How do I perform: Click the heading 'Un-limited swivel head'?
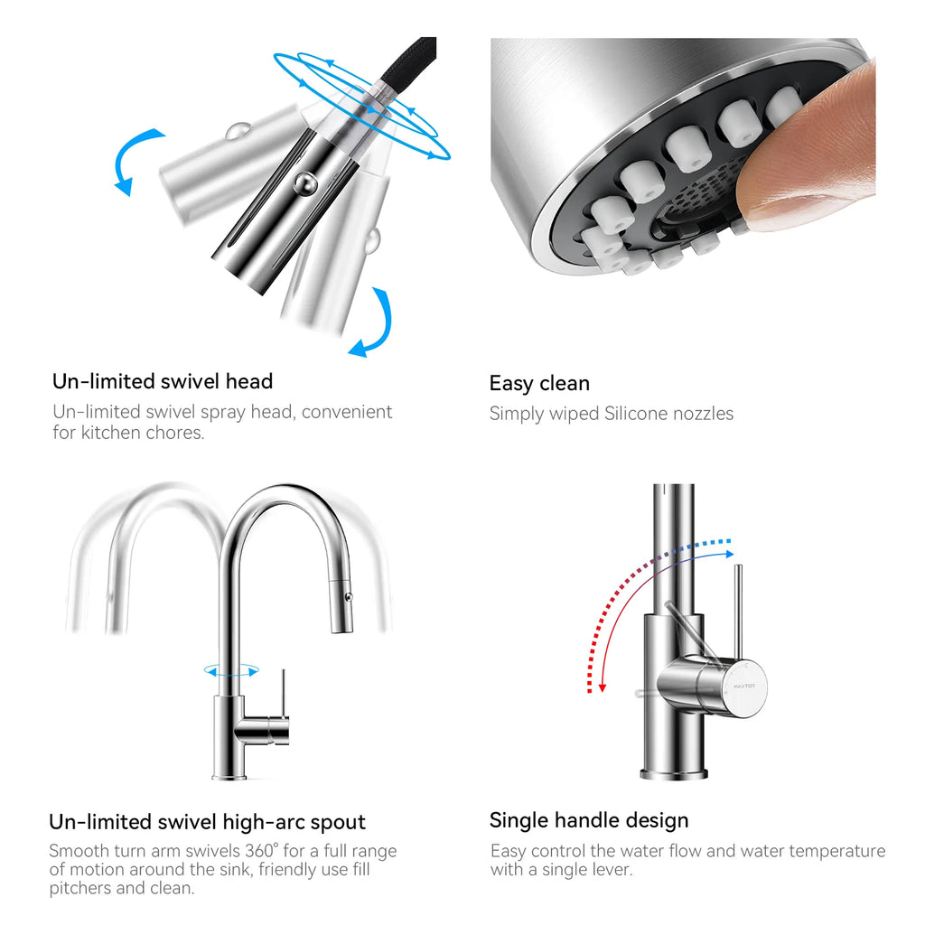point(163,381)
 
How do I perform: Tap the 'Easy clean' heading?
point(539,383)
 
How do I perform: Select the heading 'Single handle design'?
point(589,820)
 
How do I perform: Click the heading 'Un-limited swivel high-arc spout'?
point(207,822)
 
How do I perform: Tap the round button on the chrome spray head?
point(305,183)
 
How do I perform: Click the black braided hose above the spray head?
point(408,62)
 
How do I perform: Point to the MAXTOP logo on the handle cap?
point(744,687)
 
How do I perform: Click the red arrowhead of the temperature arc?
point(603,687)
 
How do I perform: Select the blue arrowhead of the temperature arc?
point(730,555)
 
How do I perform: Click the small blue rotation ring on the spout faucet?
point(231,671)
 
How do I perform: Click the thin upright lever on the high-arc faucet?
point(283,693)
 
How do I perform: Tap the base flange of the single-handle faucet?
point(673,774)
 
